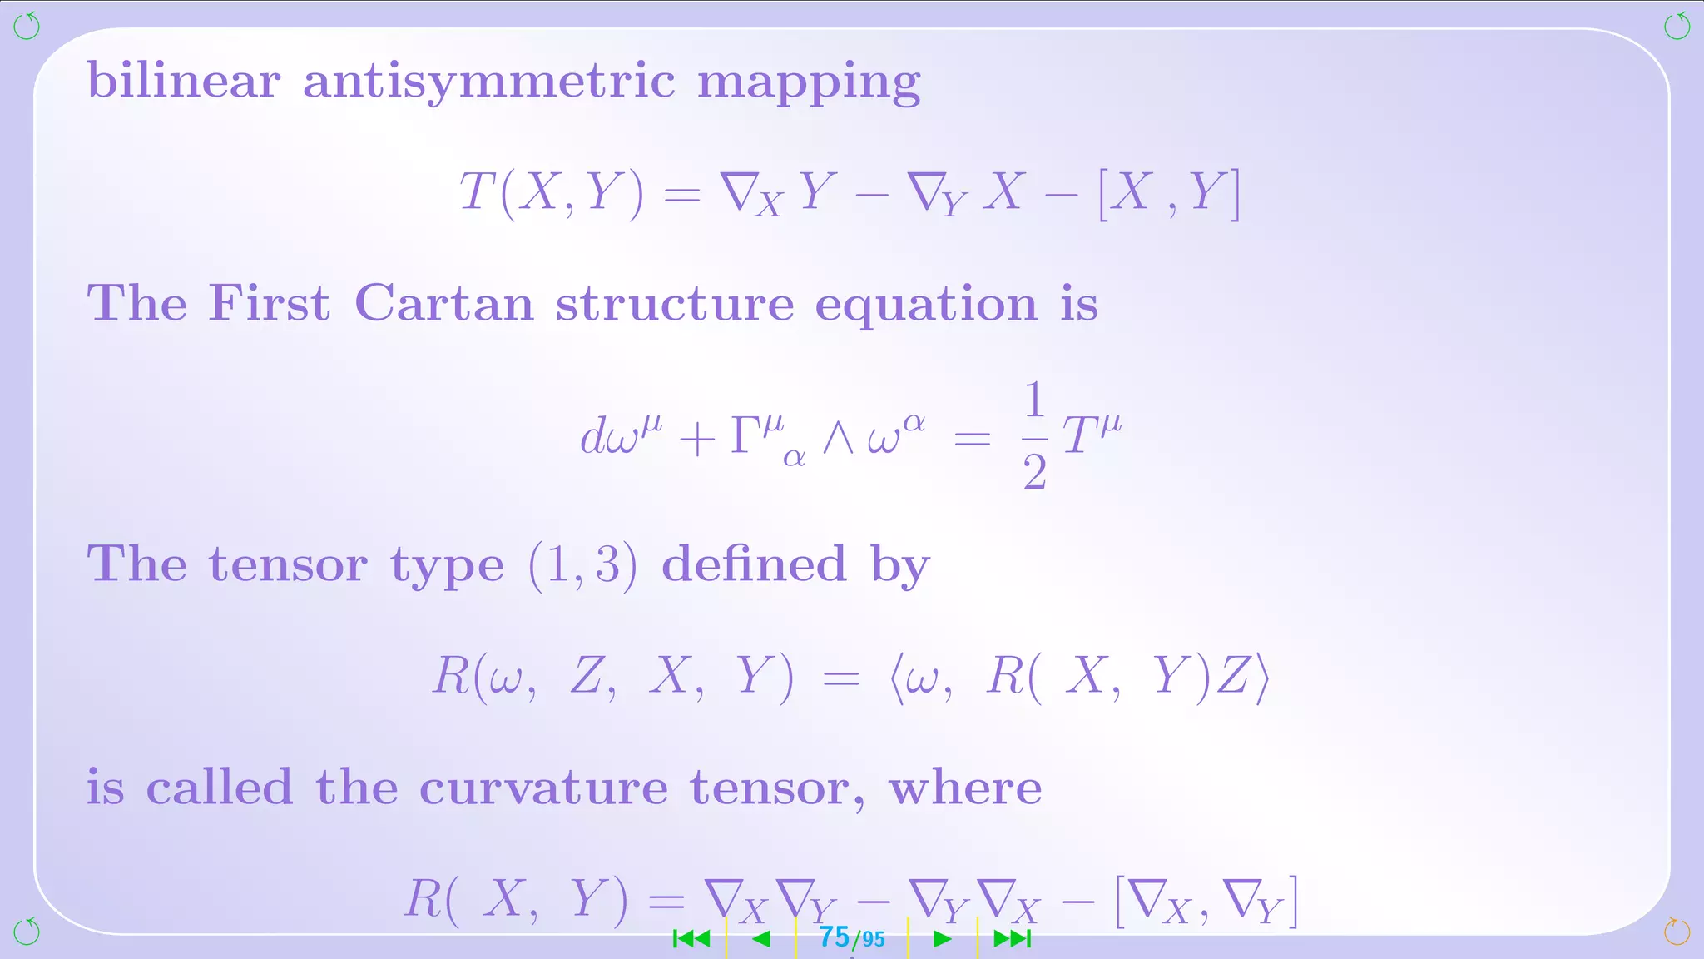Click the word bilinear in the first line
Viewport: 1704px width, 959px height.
184,81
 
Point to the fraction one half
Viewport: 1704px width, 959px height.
1034,435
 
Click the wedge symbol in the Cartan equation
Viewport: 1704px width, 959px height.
838,437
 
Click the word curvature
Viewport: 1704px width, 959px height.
543,788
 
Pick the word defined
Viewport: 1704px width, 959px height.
754,564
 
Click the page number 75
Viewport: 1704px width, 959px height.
835,937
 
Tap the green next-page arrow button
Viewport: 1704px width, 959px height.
942,939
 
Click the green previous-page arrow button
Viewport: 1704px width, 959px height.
760,939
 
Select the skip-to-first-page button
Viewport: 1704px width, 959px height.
691,939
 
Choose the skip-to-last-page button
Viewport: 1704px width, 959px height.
1013,939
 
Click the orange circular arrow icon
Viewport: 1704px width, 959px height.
1677,932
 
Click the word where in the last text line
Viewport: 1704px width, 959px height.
965,788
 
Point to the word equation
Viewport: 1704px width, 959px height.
926,305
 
